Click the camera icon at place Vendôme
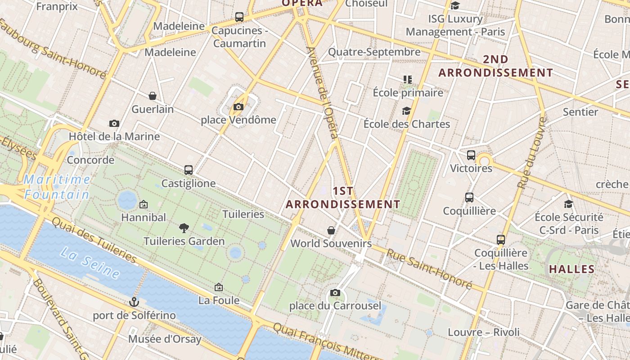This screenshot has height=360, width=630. (x=238, y=107)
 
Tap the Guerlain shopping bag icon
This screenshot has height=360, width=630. (x=153, y=96)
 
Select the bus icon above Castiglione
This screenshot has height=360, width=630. (x=189, y=170)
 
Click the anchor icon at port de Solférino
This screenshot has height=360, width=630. (x=134, y=302)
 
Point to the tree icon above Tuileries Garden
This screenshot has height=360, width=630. (x=184, y=228)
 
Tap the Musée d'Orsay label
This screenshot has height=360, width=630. (x=165, y=339)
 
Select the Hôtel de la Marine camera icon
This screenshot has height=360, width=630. (x=114, y=123)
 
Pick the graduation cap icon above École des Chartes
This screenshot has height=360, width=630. (x=406, y=111)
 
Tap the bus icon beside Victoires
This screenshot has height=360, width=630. (x=471, y=155)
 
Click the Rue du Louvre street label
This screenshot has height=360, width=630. (x=531, y=153)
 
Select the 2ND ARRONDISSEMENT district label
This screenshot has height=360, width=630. (x=495, y=66)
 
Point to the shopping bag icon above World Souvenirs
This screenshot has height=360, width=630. (x=331, y=230)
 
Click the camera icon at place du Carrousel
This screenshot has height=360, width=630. (x=335, y=293)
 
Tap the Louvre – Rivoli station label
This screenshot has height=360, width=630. (x=483, y=333)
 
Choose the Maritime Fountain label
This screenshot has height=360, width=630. (x=57, y=187)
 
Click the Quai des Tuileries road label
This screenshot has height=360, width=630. (x=94, y=240)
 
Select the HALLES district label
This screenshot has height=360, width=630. (x=572, y=270)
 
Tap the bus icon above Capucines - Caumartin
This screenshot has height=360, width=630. (x=239, y=17)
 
